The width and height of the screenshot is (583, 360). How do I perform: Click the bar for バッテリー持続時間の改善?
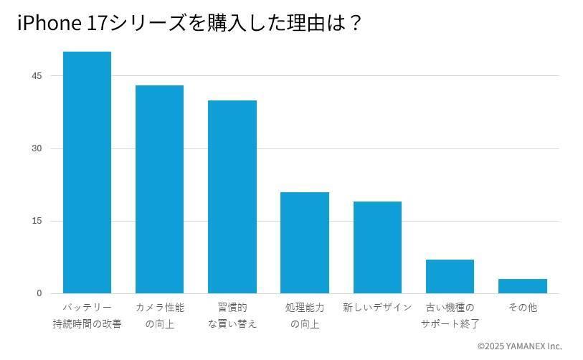[87, 172]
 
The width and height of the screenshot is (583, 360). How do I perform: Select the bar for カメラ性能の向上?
[159, 189]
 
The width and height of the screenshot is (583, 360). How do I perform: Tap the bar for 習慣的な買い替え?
[232, 196]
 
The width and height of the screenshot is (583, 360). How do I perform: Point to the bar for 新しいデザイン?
[377, 247]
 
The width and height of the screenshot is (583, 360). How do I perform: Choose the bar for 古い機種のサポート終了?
[450, 276]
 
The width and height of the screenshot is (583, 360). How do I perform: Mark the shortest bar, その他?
[522, 286]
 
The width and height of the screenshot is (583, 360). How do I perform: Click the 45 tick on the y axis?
[37, 76]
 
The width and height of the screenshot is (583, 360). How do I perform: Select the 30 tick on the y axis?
[37, 148]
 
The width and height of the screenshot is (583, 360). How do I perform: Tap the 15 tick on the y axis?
[37, 221]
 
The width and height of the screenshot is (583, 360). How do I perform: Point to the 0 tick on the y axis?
[39, 293]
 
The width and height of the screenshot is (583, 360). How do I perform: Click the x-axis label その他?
[522, 308]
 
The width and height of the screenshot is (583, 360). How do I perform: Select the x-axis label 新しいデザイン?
[377, 308]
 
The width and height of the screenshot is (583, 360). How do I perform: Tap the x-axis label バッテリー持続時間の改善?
[87, 316]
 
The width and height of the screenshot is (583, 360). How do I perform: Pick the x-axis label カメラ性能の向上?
[159, 316]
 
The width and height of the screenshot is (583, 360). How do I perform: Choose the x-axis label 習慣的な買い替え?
[232, 316]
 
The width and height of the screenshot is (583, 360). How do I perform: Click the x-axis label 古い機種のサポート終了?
[450, 316]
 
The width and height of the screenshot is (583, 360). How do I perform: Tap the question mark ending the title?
[355, 24]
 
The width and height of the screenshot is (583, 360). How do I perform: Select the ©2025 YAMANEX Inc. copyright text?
[519, 346]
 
